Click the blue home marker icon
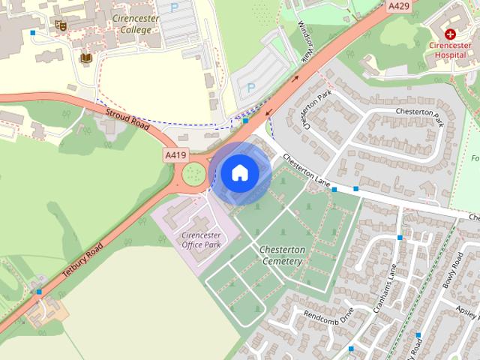pos(240,173)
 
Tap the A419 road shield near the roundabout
pos(175,155)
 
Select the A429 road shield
pos(399,7)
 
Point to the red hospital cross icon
pos(451,34)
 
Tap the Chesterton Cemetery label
pos(280,255)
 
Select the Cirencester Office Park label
pos(202,239)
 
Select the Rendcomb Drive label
pos(328,318)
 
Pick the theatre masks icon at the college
pos(61,25)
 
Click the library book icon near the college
pos(86,58)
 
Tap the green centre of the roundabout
pos(194,175)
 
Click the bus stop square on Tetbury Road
pos(39,291)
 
